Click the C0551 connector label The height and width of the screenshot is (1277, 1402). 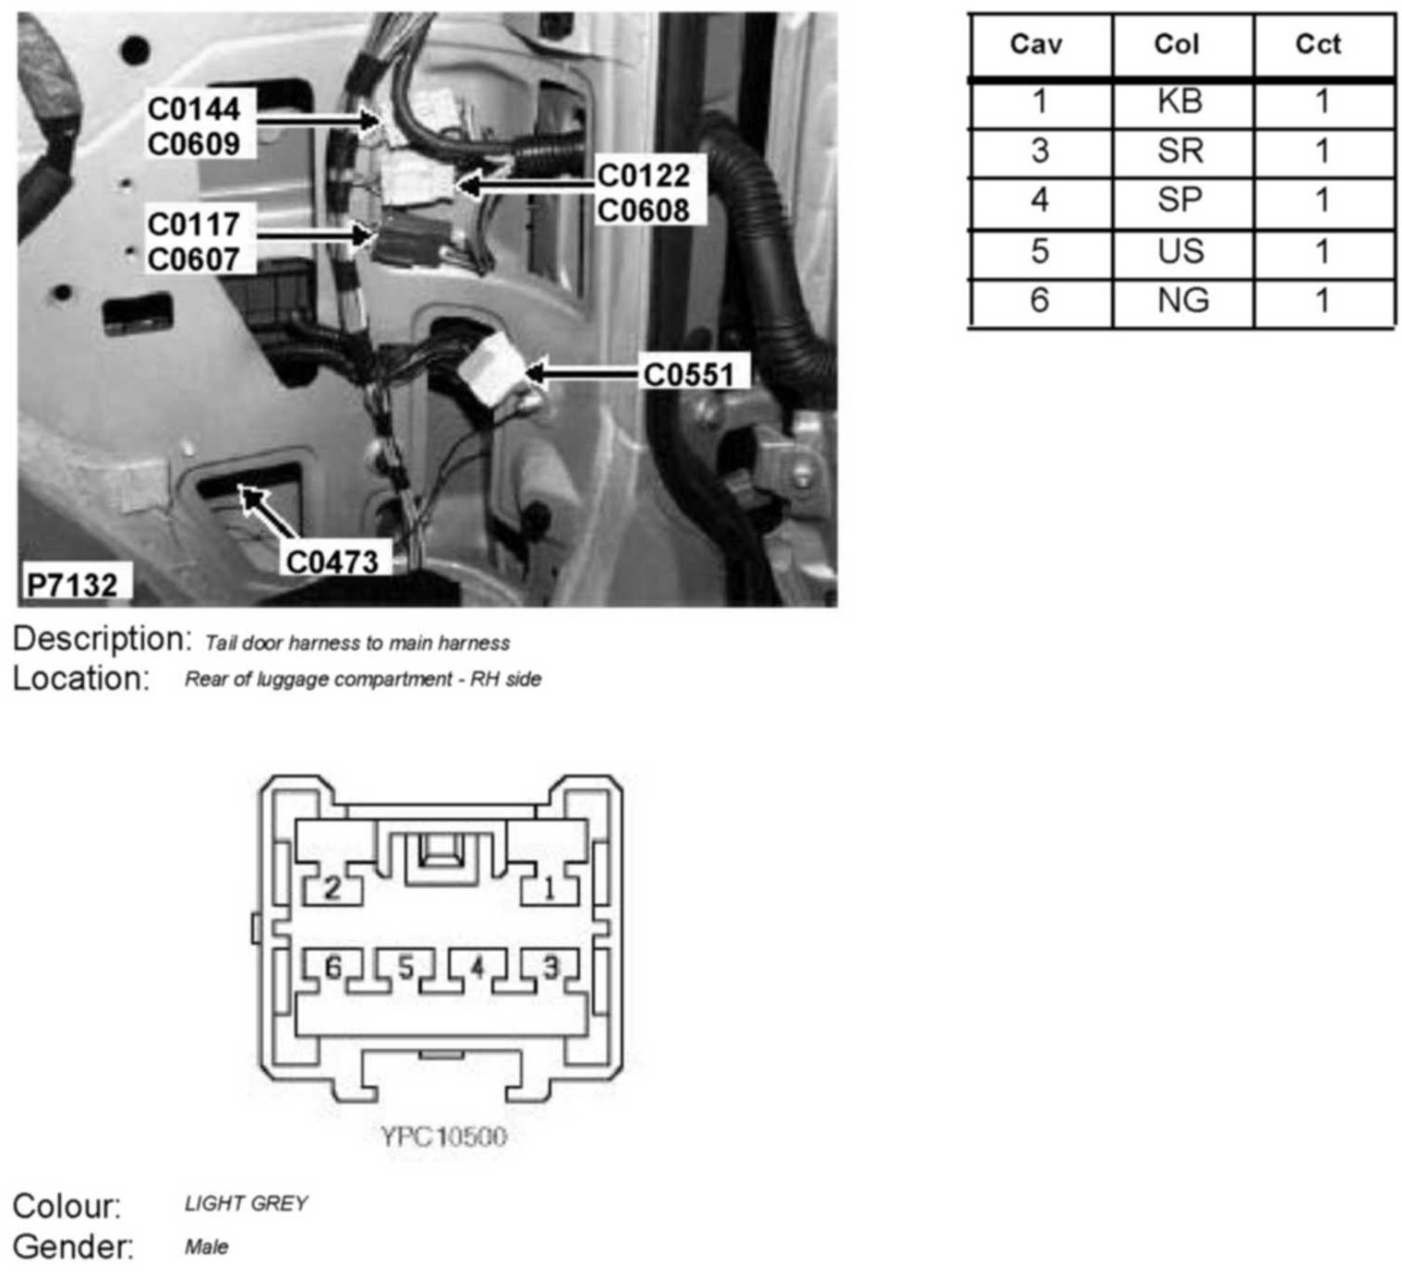pos(688,374)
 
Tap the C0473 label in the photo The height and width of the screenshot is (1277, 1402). pos(332,561)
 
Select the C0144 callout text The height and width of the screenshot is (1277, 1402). pos(194,109)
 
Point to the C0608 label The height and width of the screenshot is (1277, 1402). pos(644,211)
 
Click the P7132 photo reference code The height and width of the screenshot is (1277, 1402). pos(72,584)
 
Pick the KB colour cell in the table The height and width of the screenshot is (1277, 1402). pos(1180,102)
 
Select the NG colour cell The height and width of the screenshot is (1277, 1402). pos(1182,301)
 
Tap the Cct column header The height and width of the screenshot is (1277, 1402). pos(1318,43)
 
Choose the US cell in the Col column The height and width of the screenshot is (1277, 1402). pos(1181,251)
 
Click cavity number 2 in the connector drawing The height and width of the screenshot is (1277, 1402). pos(332,888)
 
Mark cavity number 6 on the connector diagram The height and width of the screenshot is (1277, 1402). pos(333,968)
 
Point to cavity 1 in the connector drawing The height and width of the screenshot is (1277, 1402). pos(550,888)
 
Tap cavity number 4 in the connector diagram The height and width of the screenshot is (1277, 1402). pos(477,968)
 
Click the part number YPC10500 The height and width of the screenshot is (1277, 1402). pos(443,1135)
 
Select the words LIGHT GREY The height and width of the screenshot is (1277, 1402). pos(246,1203)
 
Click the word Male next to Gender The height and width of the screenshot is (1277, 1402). pos(206,1247)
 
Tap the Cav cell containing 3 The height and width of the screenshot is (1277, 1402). pos(1040,151)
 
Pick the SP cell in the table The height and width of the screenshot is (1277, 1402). pos(1180,200)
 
